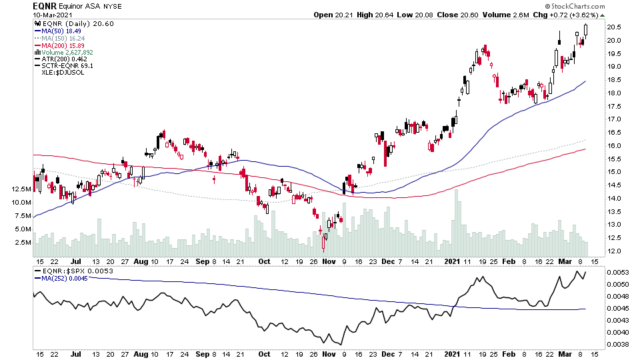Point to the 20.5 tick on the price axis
614,27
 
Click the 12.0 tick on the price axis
614,251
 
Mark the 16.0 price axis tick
614,146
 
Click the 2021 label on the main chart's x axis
453,261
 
